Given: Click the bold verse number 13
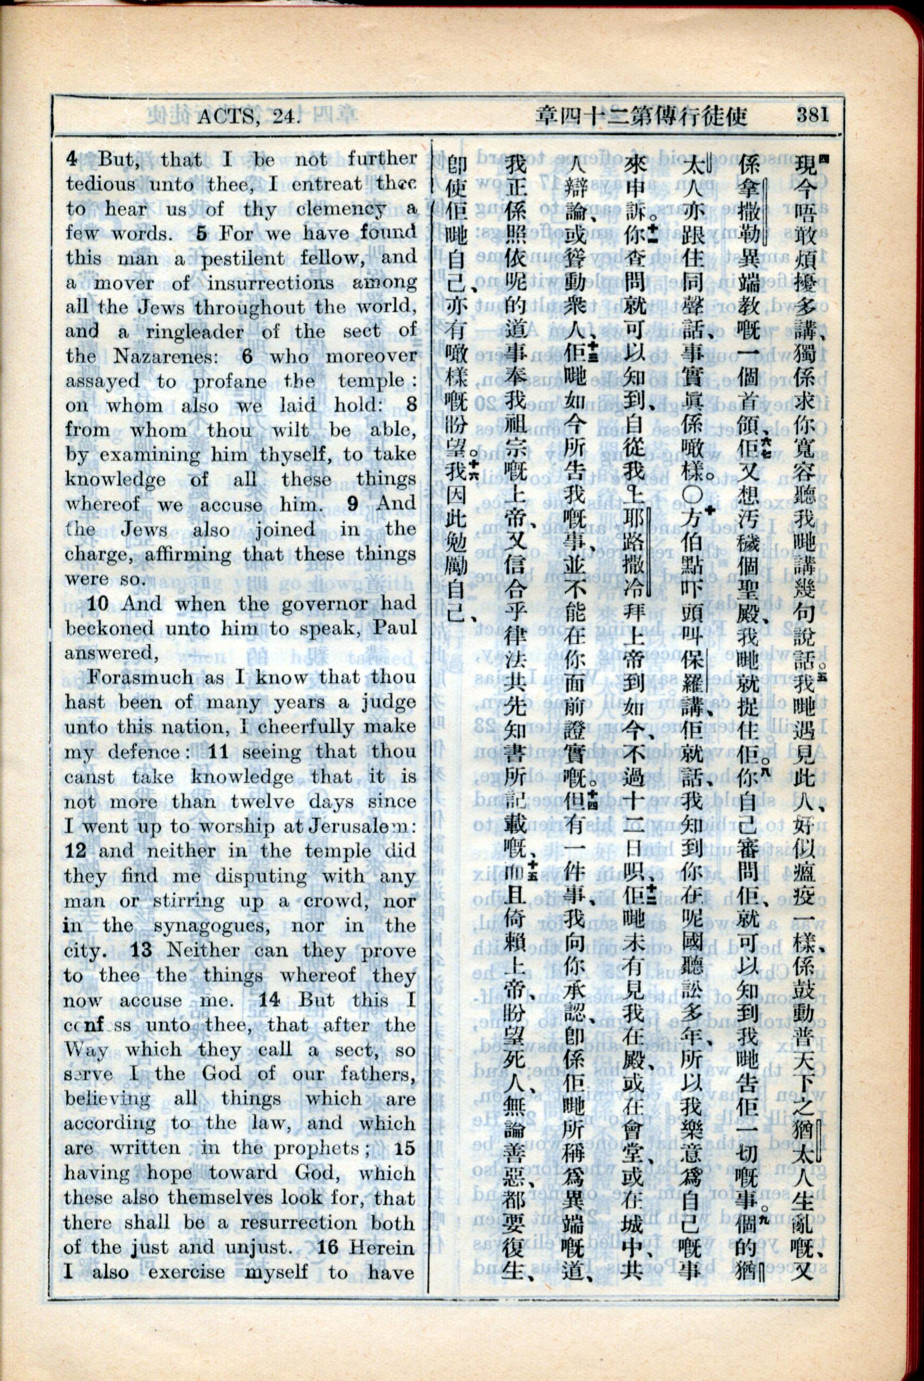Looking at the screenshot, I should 143,950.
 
